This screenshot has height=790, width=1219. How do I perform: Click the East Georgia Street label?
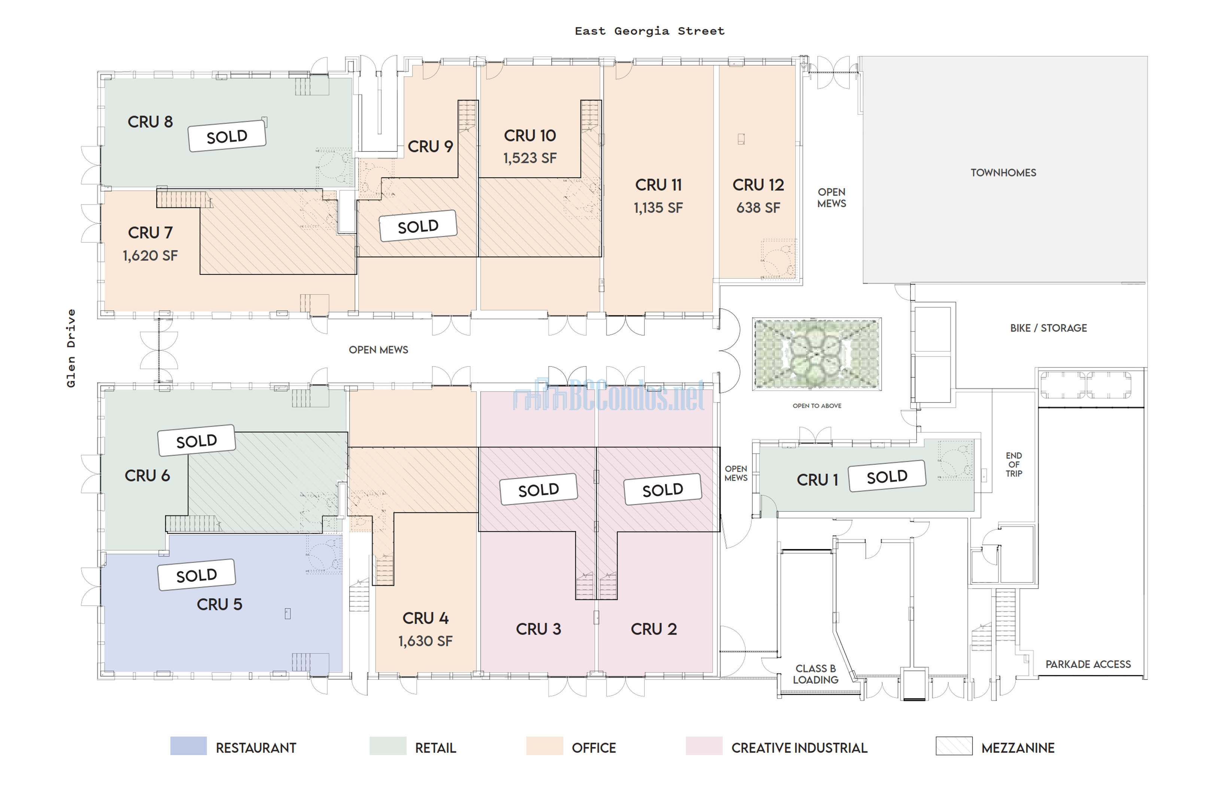(650, 31)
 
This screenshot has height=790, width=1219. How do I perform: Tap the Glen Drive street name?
(71, 348)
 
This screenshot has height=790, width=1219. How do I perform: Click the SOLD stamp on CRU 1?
(887, 476)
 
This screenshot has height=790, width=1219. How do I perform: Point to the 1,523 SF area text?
(530, 158)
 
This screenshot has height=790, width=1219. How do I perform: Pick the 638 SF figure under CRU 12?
(758, 208)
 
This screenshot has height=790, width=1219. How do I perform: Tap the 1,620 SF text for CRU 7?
(150, 255)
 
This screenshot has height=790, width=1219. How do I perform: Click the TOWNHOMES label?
(1003, 173)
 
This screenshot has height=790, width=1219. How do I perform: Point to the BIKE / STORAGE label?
(1048, 328)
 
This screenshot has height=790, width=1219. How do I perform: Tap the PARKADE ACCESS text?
(1088, 664)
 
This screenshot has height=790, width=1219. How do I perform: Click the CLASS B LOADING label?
(815, 674)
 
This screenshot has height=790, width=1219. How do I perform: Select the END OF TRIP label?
(1013, 465)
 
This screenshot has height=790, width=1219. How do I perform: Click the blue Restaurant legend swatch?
(188, 746)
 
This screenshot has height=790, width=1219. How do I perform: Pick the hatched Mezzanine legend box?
(954, 746)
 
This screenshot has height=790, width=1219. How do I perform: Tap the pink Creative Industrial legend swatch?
(704, 746)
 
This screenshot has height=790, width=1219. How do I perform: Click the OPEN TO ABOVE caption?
(817, 406)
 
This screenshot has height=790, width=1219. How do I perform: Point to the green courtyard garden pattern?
(817, 354)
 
